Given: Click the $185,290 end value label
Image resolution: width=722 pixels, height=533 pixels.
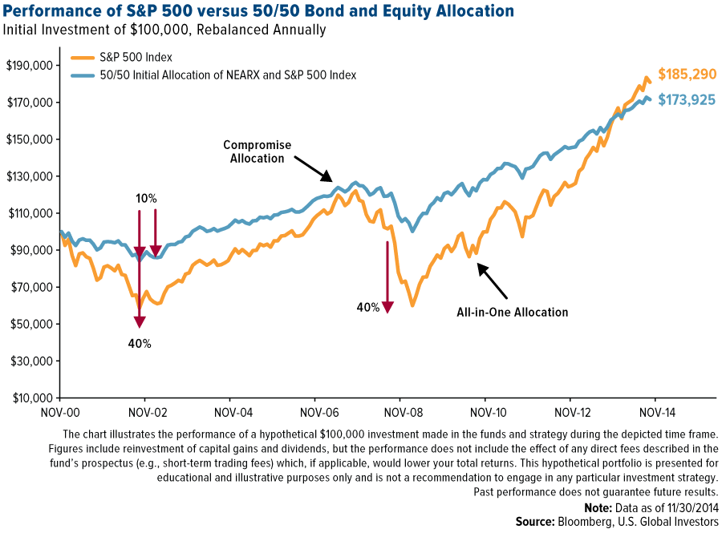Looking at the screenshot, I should pos(687,75).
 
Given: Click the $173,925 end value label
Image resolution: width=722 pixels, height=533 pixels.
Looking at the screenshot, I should pos(687,100).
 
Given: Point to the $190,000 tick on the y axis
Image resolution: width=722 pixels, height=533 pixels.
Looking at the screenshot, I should pos(29,65).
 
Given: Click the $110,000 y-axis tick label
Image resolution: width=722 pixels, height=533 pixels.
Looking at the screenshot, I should pos(29,213).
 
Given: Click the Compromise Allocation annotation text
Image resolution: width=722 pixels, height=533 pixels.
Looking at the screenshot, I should pos(257,151).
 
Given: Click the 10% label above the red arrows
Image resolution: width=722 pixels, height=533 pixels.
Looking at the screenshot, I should pos(146,197).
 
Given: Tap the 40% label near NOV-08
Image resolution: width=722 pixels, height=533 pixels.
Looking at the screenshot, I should pos(369,306).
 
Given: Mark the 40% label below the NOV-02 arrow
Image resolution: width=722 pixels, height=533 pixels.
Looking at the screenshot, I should pos(140,343).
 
